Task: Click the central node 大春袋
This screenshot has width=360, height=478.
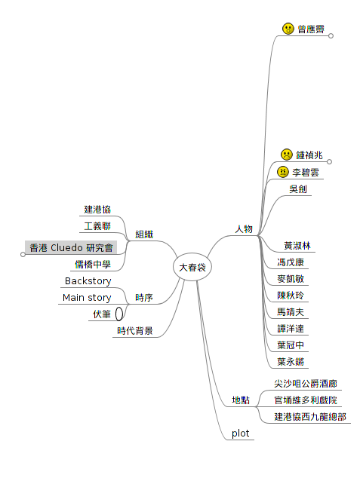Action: [x=192, y=268]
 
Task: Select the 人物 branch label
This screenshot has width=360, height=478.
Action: [x=244, y=229]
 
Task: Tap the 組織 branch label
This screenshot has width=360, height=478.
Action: [x=144, y=234]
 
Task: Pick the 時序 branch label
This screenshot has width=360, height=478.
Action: [x=144, y=298]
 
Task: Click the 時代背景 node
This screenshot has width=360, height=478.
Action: [x=135, y=331]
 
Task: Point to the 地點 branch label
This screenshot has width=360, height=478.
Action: [x=241, y=400]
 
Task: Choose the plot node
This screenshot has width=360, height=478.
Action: [x=241, y=434]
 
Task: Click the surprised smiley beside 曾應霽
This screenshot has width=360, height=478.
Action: [x=288, y=29]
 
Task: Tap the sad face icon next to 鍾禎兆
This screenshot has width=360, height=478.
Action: [x=287, y=155]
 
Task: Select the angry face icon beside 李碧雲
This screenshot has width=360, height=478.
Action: [x=283, y=172]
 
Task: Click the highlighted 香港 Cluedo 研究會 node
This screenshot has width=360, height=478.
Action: [x=71, y=247]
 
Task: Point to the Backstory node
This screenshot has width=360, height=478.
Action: [x=88, y=280]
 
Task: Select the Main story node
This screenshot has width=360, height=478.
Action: [x=87, y=298]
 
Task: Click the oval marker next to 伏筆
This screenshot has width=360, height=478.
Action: [x=119, y=314]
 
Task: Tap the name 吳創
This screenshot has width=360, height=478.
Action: [x=298, y=189]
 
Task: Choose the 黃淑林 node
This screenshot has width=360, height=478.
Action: [x=297, y=246]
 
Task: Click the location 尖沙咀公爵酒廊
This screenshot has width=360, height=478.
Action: [x=306, y=384]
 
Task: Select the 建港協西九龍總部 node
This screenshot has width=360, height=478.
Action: [x=310, y=417]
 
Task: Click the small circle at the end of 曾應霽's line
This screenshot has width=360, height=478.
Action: [x=331, y=36]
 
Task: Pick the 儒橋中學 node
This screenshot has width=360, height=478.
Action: [x=92, y=265]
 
